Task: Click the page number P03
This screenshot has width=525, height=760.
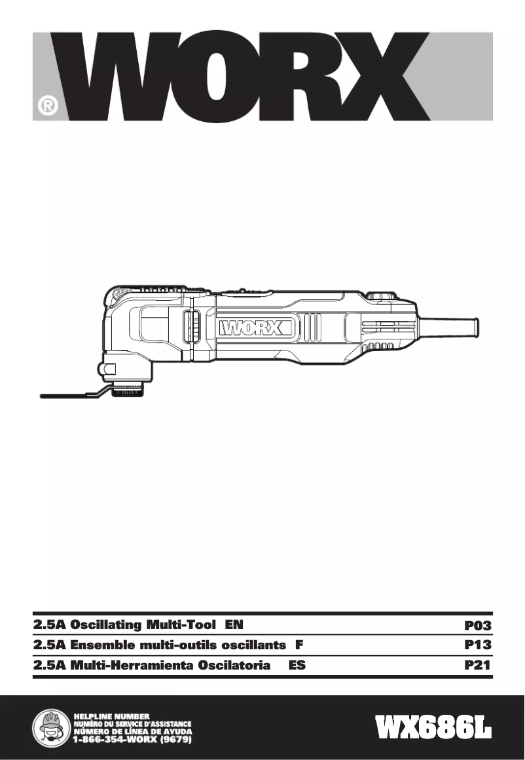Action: click(x=477, y=626)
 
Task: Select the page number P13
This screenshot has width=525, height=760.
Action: click(x=477, y=645)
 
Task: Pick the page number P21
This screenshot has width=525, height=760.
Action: click(x=477, y=666)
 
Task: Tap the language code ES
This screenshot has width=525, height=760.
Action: click(x=297, y=666)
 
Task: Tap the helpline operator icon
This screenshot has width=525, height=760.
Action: click(x=50, y=728)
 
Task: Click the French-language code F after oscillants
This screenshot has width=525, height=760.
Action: click(x=299, y=645)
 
